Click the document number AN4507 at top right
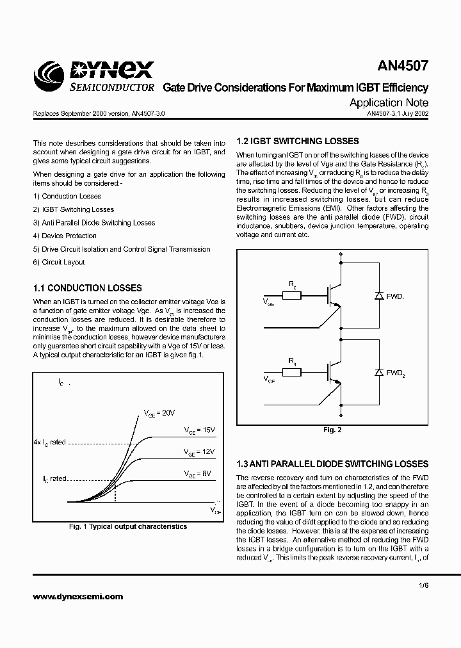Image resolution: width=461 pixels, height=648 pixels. click(401, 67)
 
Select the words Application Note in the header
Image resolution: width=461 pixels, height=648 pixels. click(389, 102)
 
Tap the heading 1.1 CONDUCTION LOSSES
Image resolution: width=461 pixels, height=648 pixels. click(87, 288)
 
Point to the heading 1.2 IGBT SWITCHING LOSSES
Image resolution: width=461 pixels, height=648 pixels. click(298, 141)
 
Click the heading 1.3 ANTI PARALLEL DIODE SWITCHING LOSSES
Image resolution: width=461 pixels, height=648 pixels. click(332, 464)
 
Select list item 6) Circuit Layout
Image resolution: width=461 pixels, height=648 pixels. click(59, 262)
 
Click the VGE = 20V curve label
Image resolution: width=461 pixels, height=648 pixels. click(159, 413)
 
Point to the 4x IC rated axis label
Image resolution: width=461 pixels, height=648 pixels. click(49, 442)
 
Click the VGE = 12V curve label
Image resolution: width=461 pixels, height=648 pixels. click(200, 452)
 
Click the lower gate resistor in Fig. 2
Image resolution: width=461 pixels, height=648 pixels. click(292, 371)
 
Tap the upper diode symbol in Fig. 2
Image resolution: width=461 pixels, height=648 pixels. click(378, 296)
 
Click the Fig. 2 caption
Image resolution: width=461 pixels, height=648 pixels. click(332, 430)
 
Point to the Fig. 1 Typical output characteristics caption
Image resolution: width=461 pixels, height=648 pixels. click(128, 526)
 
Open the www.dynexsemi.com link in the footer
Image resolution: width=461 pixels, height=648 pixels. click(77, 596)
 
